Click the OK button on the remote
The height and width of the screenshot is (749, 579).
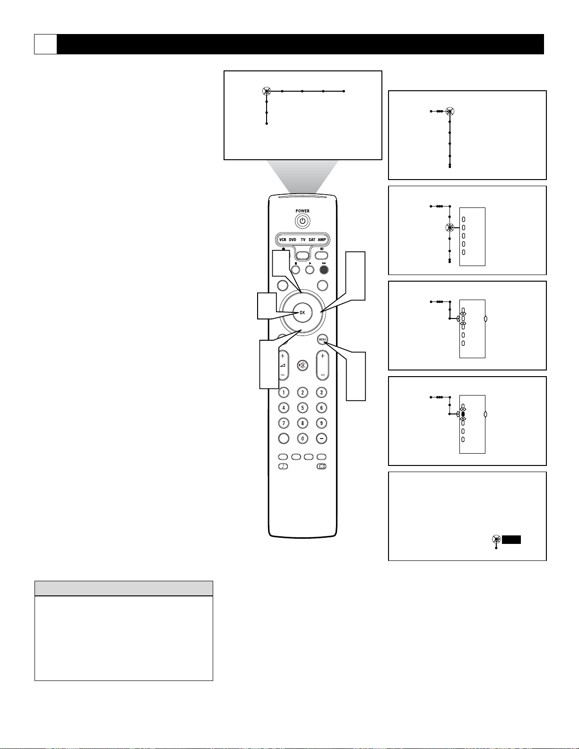(x=302, y=313)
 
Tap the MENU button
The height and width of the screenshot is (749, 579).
(x=322, y=339)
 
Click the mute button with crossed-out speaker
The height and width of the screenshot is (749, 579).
(x=302, y=365)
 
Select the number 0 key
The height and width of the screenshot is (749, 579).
(x=302, y=439)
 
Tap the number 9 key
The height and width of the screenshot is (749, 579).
(x=321, y=423)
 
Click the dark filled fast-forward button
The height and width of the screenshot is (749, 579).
(x=324, y=269)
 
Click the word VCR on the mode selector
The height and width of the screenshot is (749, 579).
(x=283, y=240)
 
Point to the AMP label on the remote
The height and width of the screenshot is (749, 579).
(x=321, y=240)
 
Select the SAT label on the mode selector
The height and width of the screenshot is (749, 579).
(x=312, y=240)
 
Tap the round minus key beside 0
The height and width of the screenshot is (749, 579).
(x=321, y=439)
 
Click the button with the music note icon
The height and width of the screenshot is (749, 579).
(x=283, y=466)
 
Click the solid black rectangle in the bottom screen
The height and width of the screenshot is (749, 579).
(x=511, y=540)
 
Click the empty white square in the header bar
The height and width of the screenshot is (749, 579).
(x=45, y=44)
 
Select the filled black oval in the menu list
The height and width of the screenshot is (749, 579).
(x=463, y=414)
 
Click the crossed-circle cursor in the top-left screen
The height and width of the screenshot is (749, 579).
(x=267, y=91)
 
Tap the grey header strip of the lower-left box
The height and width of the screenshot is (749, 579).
(x=124, y=588)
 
